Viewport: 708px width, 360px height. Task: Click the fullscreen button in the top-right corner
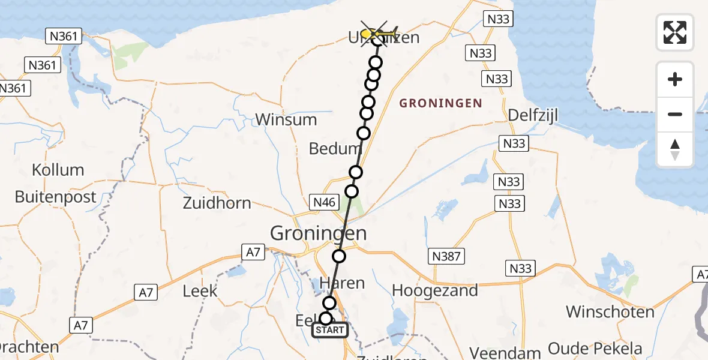675,32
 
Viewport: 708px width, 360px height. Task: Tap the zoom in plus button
675,79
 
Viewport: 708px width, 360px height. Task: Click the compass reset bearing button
675,149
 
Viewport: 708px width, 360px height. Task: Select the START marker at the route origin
329,330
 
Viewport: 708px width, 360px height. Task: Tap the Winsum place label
286,119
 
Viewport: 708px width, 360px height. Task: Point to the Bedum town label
334,148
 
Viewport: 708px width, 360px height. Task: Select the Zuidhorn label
217,203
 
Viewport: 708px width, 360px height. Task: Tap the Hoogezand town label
435,291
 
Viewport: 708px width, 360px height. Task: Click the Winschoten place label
610,312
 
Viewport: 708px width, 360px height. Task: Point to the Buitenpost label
55,197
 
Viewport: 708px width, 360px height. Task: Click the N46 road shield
324,203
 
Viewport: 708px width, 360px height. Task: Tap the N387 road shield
446,257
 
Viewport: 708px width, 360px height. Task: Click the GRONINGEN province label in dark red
440,103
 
